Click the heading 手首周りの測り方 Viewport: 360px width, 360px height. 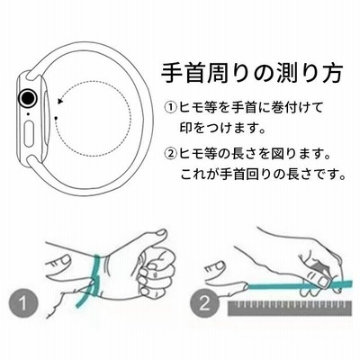click(251, 74)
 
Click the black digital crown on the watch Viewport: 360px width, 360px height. click(28, 98)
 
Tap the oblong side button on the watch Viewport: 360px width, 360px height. click(29, 133)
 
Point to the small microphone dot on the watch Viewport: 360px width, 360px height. click(28, 113)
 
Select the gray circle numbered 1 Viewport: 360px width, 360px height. click(23, 302)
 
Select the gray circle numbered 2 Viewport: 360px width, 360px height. click(204, 302)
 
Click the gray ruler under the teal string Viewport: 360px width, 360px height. click(290, 309)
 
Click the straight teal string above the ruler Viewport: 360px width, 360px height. click(299, 285)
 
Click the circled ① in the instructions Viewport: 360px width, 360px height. click(171, 107)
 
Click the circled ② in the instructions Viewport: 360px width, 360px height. click(171, 155)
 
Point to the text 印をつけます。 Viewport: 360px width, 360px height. click(222, 128)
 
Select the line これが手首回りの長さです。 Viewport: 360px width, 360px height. click(262, 175)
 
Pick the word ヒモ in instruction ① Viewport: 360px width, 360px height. click(191, 107)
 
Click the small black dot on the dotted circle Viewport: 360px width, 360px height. click(56, 118)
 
